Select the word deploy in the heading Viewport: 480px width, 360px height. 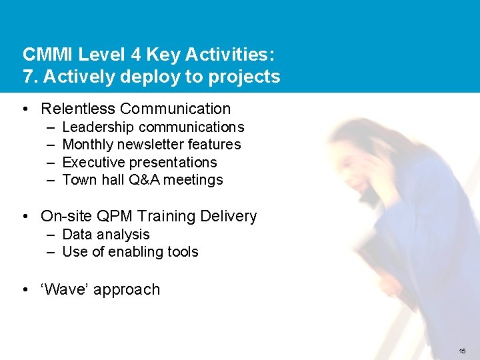(143, 77)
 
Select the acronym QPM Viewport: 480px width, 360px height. (114, 216)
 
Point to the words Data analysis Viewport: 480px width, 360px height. (105, 234)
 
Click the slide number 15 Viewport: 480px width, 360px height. (463, 351)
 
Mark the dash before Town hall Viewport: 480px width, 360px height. (51, 179)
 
